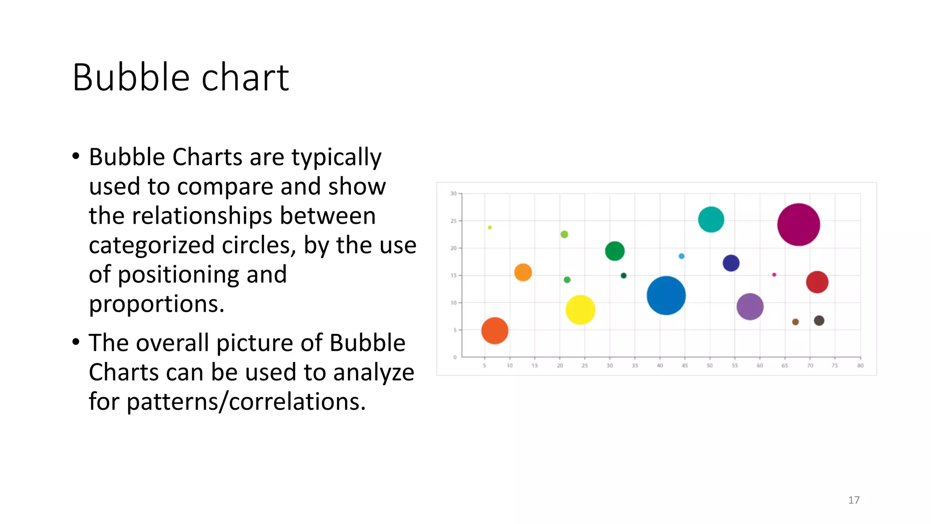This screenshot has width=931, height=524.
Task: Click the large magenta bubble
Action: pyautogui.click(x=798, y=225)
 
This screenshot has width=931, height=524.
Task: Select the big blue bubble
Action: pyautogui.click(x=666, y=296)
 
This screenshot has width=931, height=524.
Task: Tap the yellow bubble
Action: pyautogui.click(x=580, y=310)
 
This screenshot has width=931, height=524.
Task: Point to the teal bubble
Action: pyautogui.click(x=711, y=219)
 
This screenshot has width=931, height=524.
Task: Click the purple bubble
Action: pyautogui.click(x=750, y=307)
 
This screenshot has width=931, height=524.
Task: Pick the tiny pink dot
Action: pyautogui.click(x=774, y=275)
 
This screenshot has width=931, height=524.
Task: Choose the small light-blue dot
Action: pyautogui.click(x=681, y=256)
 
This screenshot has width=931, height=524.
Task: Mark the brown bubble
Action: pyautogui.click(x=796, y=322)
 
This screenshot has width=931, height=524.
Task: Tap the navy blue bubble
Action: pyautogui.click(x=731, y=263)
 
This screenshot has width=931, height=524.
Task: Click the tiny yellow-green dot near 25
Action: pyautogui.click(x=490, y=227)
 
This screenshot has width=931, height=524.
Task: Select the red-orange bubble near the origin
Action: pyautogui.click(x=495, y=331)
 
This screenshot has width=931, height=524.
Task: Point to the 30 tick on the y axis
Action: pyautogui.click(x=454, y=194)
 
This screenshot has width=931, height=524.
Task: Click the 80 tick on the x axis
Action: pyautogui.click(x=860, y=365)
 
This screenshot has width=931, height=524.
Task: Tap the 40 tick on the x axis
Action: pyautogui.click(x=660, y=365)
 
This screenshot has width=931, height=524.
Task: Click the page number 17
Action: pyautogui.click(x=854, y=500)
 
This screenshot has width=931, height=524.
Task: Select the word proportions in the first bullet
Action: pyautogui.click(x=156, y=304)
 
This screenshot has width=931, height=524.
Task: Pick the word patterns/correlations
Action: pyautogui.click(x=246, y=402)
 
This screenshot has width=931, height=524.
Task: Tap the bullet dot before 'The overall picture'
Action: pyautogui.click(x=76, y=342)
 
